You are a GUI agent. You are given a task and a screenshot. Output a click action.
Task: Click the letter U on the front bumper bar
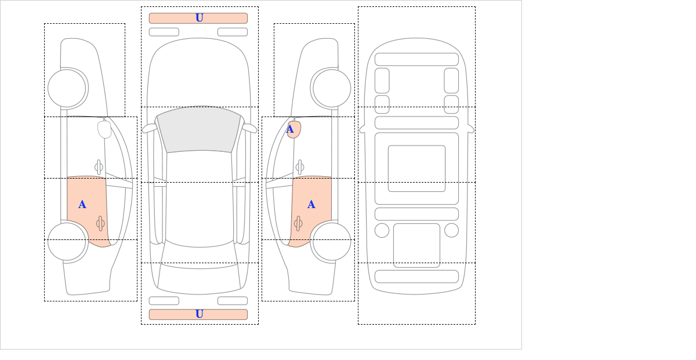tap(200, 18)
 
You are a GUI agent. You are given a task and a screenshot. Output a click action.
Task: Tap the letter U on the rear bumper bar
tap(200, 314)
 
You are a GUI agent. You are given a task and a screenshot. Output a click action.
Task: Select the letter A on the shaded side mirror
tap(290, 129)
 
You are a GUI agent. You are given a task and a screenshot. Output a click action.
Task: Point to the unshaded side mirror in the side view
tap(104, 129)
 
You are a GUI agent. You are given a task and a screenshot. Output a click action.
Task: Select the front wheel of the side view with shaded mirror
tap(332, 88)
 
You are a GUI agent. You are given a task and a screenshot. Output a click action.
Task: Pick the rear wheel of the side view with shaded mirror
tap(332, 241)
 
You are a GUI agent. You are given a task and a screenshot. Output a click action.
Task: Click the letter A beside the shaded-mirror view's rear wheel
tap(311, 205)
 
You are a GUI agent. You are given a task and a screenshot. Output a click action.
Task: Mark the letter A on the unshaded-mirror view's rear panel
tap(82, 205)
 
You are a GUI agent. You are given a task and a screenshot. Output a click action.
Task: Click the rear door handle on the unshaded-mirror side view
tap(100, 223)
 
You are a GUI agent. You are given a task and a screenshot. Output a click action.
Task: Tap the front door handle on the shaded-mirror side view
tap(299, 167)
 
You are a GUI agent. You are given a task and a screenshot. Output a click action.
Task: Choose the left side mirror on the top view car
tap(149, 128)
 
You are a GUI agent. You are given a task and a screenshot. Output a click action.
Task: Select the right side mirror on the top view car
tap(249, 128)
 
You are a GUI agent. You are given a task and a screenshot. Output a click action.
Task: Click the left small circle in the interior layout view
tap(382, 231)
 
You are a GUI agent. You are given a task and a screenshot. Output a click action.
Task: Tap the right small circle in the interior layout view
tap(451, 231)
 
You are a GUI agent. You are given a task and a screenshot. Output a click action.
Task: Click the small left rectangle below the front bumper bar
tap(164, 32)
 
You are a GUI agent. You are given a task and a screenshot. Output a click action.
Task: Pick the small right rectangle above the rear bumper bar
tap(233, 301)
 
